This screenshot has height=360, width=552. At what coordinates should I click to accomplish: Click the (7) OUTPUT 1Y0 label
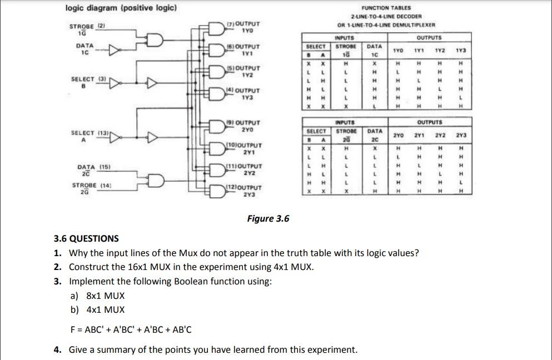pyautogui.click(x=244, y=27)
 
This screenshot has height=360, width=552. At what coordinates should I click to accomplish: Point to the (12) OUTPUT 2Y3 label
pyautogui.click(x=245, y=192)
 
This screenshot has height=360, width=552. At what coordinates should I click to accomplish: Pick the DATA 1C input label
pyautogui.click(x=84, y=49)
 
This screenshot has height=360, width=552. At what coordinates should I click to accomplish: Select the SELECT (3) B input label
pyautogui.click(x=88, y=82)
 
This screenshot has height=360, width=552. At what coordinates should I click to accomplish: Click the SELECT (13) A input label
pyautogui.click(x=89, y=136)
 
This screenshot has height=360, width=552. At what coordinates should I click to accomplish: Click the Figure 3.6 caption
pyautogui.click(x=268, y=218)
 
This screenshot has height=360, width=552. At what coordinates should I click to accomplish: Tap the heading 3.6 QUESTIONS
pyautogui.click(x=86, y=238)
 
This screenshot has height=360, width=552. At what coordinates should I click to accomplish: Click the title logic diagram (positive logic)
pyautogui.click(x=121, y=8)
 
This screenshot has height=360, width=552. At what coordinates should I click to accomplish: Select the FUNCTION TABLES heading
pyautogui.click(x=386, y=8)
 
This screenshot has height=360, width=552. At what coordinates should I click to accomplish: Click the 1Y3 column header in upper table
pyautogui.click(x=460, y=51)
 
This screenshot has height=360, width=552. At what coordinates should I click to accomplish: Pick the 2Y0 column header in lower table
pyautogui.click(x=398, y=135)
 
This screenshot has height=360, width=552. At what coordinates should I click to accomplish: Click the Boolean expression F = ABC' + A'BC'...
pyautogui.click(x=131, y=329)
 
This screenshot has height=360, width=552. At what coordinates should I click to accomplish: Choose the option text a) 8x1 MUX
pyautogui.click(x=97, y=296)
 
